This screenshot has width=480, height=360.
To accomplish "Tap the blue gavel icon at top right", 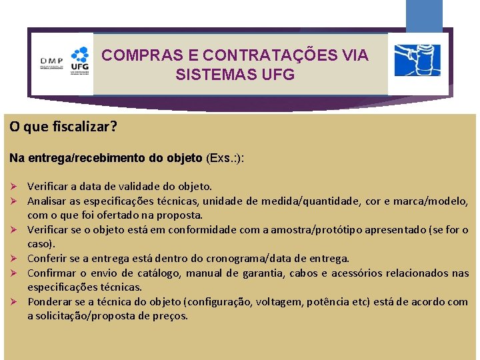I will point(417,61).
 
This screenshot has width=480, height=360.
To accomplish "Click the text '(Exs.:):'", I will point(225,159).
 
